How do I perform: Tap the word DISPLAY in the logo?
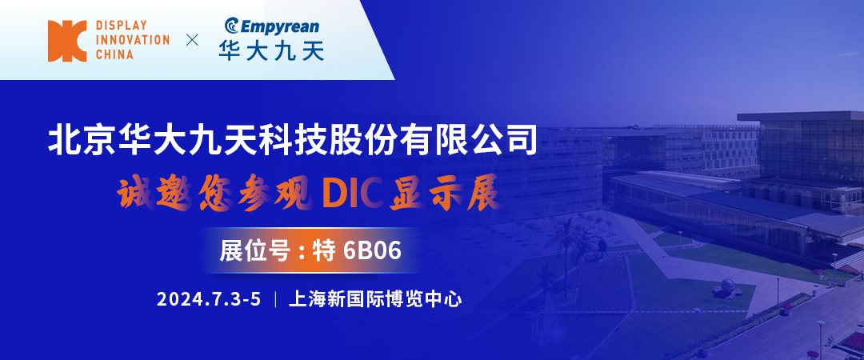(122, 26)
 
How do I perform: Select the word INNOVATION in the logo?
(133, 40)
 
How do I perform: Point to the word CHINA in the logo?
(115, 54)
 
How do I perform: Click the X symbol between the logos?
(191, 40)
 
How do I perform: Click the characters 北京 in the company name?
(76, 141)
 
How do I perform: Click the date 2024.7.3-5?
(209, 300)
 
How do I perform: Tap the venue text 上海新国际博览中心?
(375, 300)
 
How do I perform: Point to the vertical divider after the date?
(275, 300)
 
